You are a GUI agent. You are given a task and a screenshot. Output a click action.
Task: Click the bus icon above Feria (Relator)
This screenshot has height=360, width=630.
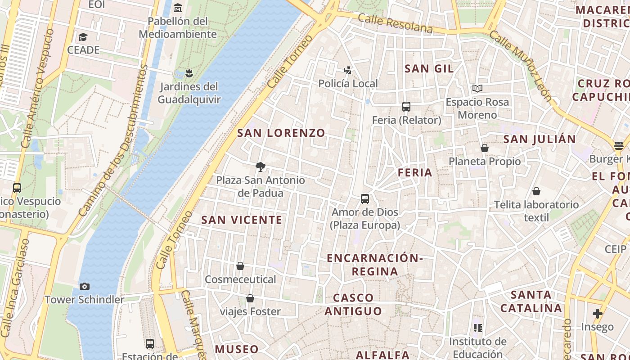[x=406, y=107]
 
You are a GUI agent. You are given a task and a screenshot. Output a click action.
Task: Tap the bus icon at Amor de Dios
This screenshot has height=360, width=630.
[x=365, y=198]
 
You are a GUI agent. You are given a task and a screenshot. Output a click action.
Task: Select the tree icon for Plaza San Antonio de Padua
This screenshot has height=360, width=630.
[x=260, y=167]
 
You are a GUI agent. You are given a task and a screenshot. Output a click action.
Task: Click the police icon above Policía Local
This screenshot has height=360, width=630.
[x=347, y=70]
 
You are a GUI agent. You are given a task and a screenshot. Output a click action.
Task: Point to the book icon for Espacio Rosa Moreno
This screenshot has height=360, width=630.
[x=477, y=89]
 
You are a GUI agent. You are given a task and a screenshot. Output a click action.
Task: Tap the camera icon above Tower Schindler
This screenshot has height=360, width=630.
[x=84, y=286]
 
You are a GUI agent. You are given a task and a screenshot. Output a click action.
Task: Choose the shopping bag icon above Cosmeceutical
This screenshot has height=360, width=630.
[x=240, y=266]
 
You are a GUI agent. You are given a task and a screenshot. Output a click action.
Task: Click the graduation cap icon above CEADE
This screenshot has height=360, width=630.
[x=83, y=37]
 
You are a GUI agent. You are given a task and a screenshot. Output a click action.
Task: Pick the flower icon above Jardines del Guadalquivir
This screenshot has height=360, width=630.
[x=189, y=73]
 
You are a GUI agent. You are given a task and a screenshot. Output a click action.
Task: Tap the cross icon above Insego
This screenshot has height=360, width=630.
[x=597, y=313]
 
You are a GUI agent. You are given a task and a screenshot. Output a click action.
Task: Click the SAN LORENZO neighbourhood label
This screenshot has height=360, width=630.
[x=281, y=133]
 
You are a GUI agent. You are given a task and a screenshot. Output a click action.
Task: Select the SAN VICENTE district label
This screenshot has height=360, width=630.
[x=242, y=220]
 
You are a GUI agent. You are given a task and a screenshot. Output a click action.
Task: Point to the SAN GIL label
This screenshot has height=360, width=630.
[x=429, y=69]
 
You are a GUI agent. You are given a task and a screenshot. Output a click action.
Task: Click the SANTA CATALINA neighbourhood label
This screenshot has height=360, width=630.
[x=531, y=301]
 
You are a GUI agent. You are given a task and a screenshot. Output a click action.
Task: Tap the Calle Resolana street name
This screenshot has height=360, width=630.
[x=396, y=23]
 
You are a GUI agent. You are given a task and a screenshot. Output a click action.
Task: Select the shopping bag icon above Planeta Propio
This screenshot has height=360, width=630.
[x=485, y=148]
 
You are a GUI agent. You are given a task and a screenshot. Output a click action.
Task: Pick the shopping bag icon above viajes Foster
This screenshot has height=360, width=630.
[x=250, y=298]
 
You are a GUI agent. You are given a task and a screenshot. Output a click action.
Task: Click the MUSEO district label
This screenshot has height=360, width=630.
[x=237, y=349]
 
